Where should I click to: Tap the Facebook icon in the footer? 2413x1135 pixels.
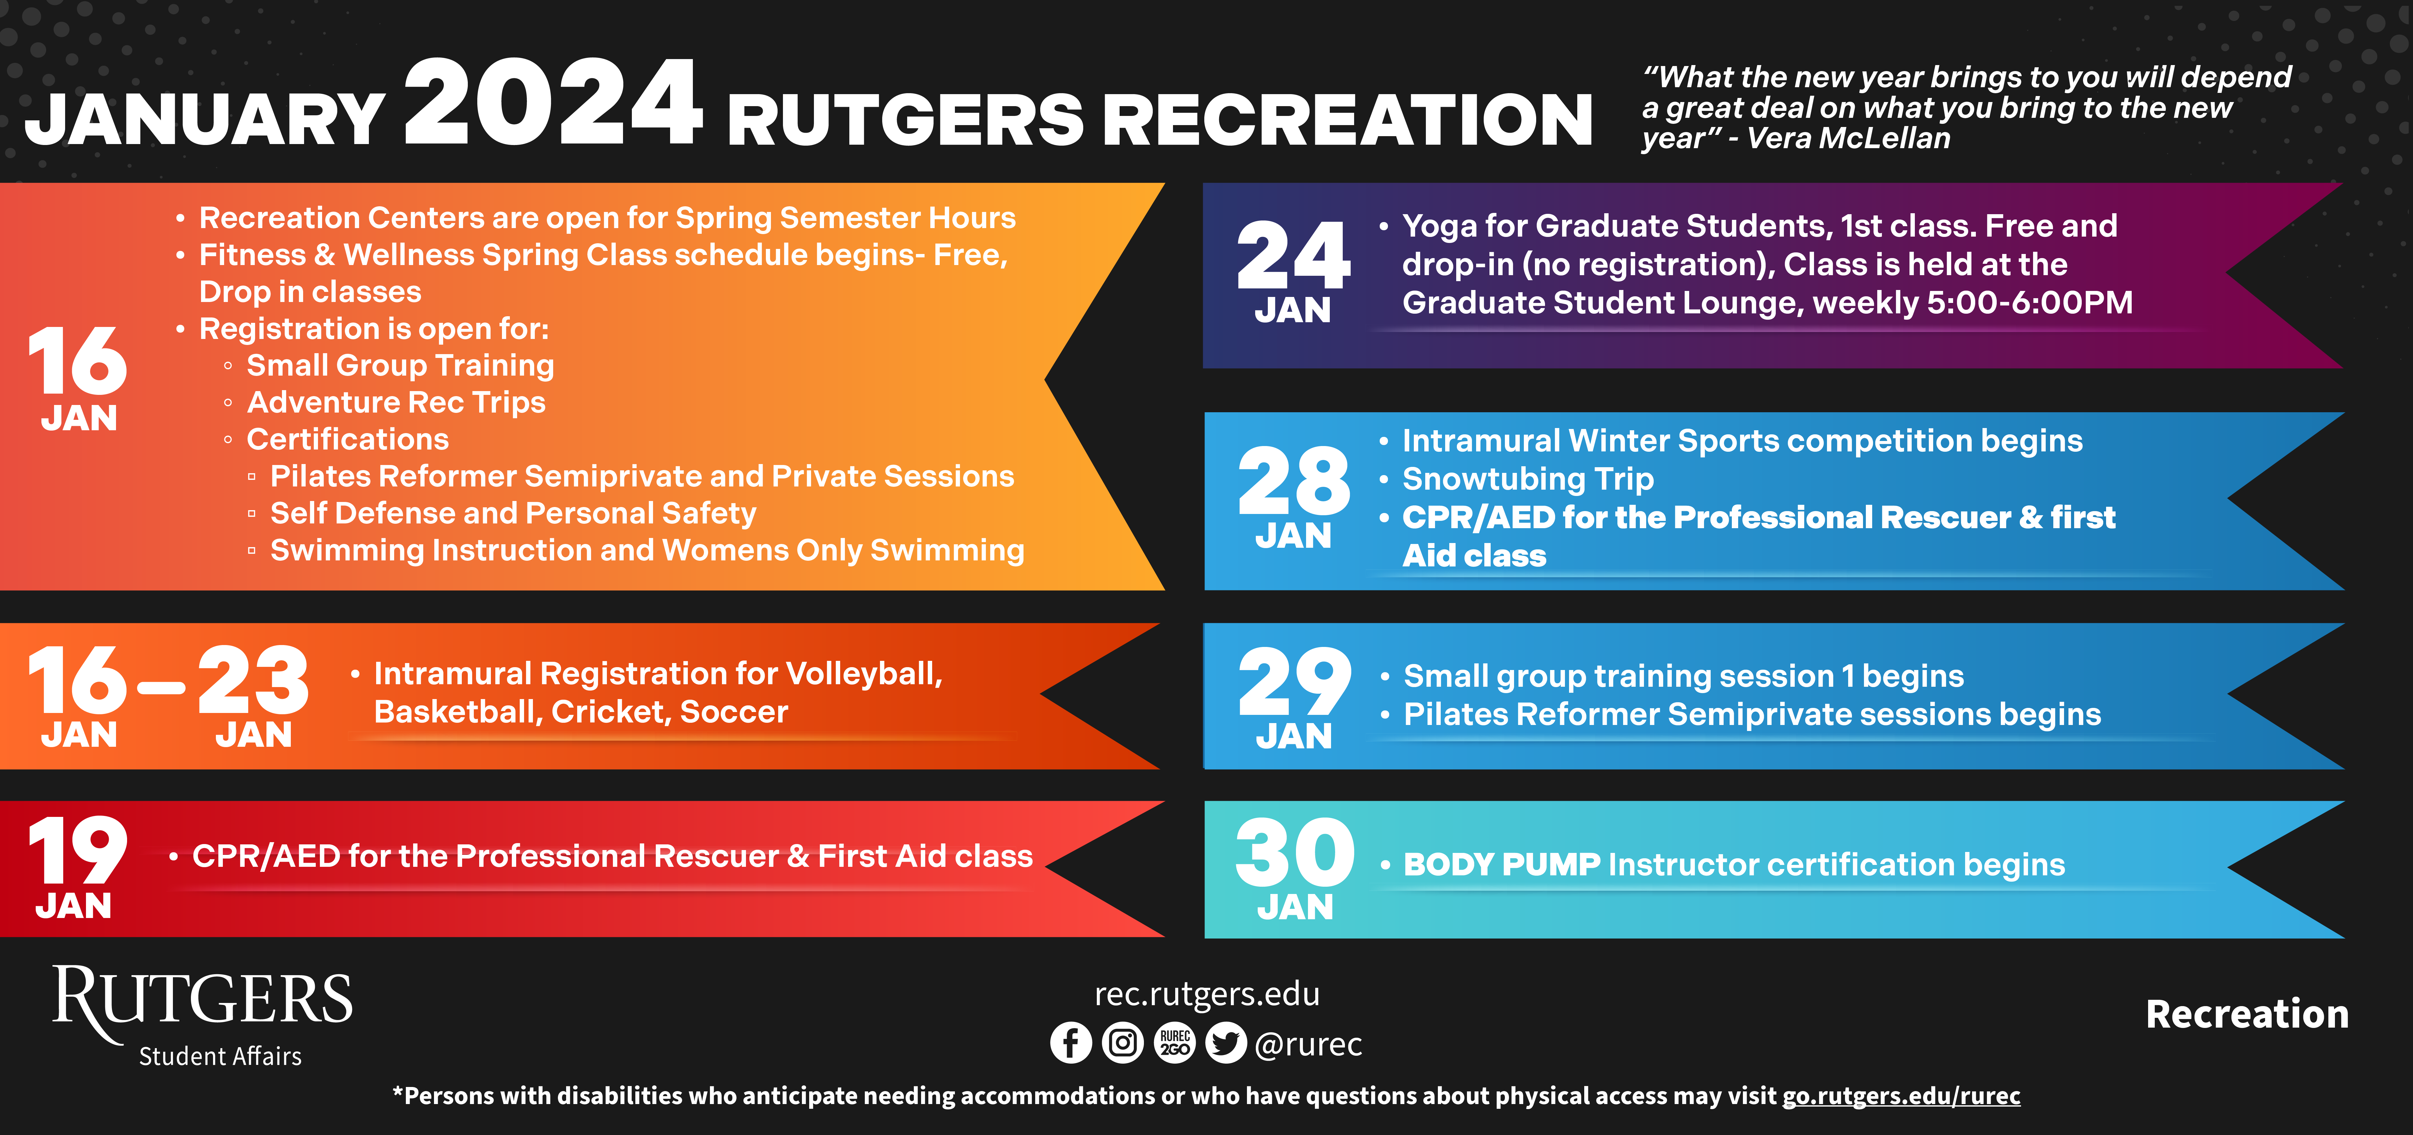(1071, 1042)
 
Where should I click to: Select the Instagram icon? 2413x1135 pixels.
(1122, 1042)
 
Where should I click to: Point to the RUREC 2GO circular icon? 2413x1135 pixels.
(1175, 1042)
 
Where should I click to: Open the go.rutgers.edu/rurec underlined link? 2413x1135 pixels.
(1901, 1096)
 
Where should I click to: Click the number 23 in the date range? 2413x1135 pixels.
(253, 680)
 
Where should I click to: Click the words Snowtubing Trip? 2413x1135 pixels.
(1528, 480)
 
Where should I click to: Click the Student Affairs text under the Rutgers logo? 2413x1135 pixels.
(220, 1056)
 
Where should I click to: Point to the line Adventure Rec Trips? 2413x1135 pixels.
(396, 403)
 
